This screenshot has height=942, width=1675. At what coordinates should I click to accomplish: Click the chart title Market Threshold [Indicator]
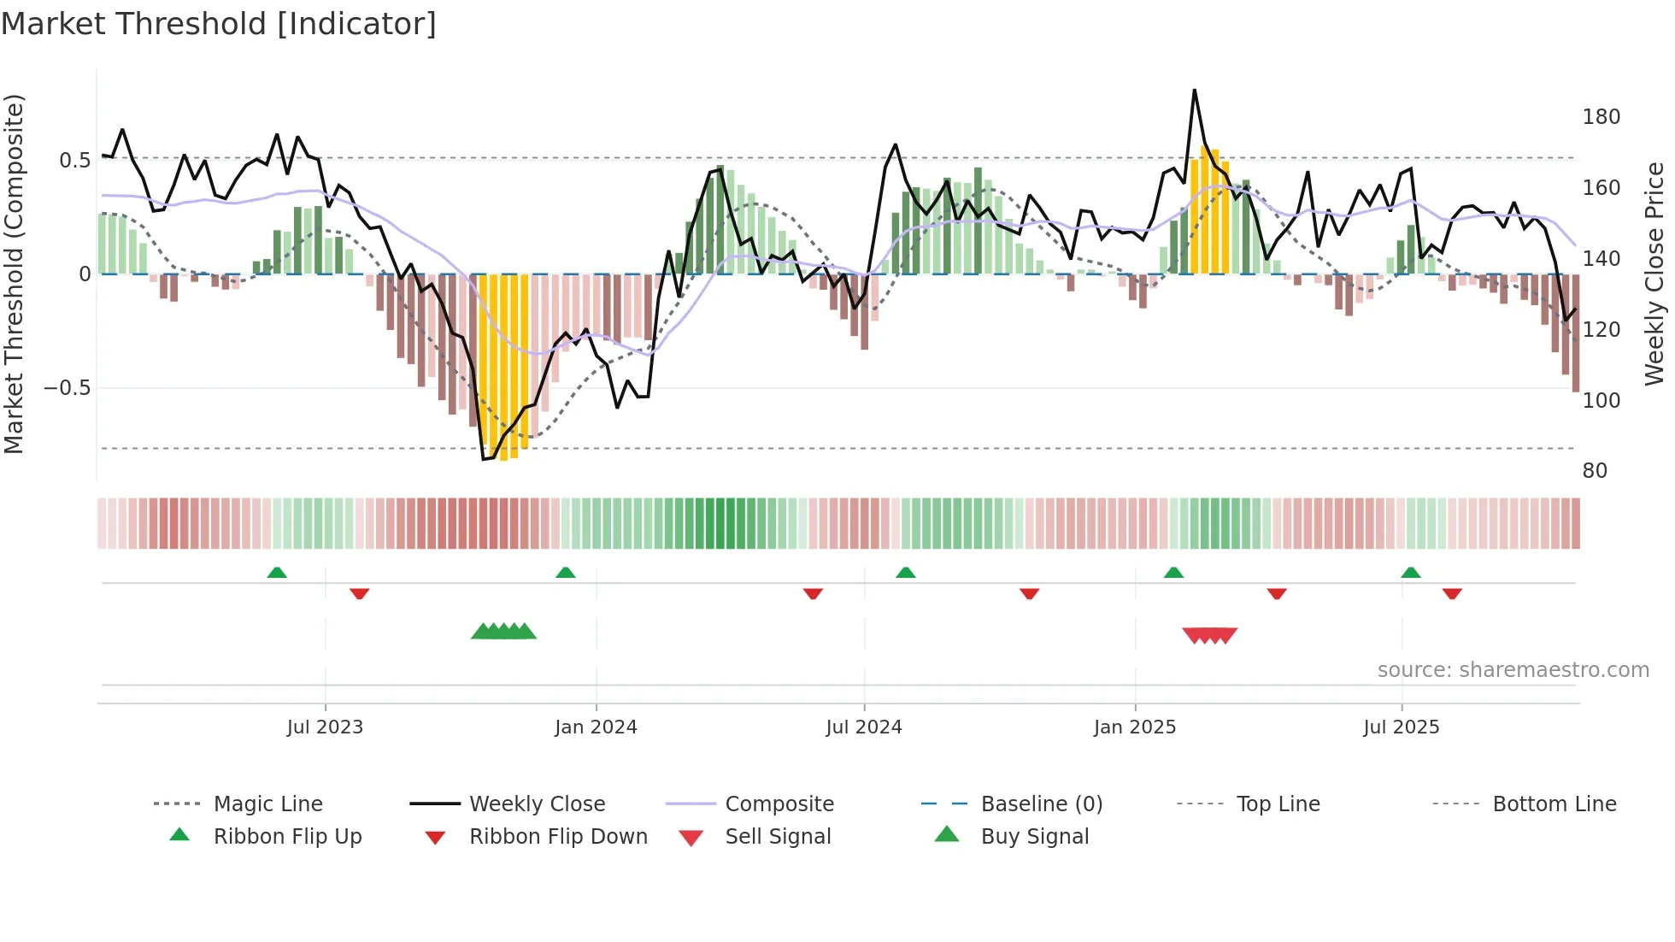pyautogui.click(x=219, y=24)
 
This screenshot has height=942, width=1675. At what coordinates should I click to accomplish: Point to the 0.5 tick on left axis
pyautogui.click(x=75, y=161)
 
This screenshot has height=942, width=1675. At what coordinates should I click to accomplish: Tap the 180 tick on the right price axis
pyautogui.click(x=1601, y=117)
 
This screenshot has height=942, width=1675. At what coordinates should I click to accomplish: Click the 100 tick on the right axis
pyautogui.click(x=1601, y=400)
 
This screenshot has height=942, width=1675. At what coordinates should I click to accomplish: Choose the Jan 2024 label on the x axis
pyautogui.click(x=596, y=727)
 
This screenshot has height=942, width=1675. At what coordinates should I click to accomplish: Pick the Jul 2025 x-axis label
pyautogui.click(x=1401, y=727)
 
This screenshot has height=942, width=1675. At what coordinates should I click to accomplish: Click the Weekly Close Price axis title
pyautogui.click(x=1654, y=274)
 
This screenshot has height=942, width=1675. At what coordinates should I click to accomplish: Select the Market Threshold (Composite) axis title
pyautogui.click(x=14, y=274)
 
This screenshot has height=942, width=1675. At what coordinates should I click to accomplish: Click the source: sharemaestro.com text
pyautogui.click(x=1513, y=670)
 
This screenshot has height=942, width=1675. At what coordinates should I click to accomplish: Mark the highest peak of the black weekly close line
pyautogui.click(x=1194, y=91)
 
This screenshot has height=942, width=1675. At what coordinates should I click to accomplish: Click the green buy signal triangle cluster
pyautogui.click(x=503, y=632)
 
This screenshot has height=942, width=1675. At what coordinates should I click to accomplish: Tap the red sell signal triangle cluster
pyautogui.click(x=1209, y=635)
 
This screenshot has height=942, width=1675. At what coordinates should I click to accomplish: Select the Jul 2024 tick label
pyautogui.click(x=863, y=727)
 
